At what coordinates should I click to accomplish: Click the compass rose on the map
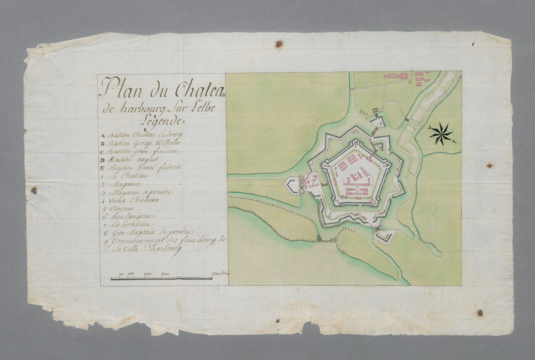click(441, 134)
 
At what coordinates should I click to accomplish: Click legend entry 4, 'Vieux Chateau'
click(136, 200)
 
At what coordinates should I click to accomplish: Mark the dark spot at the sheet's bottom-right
click(479, 312)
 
